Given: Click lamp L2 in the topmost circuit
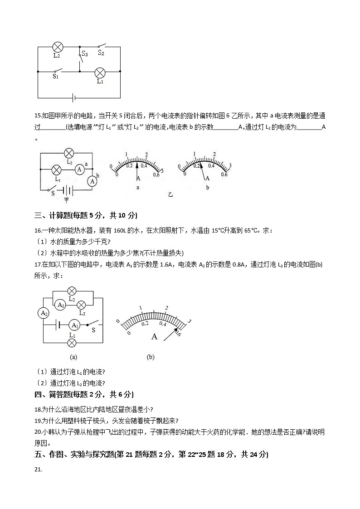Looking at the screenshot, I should tap(58, 46).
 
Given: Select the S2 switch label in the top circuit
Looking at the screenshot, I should tap(101, 53).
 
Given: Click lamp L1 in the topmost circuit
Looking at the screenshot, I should tap(99, 72).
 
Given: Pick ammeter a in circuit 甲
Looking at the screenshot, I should tap(79, 169).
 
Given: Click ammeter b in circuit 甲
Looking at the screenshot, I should tap(92, 181).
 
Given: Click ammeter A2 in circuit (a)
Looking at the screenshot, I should tap(44, 313).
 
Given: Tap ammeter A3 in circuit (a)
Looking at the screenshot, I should tap(60, 305).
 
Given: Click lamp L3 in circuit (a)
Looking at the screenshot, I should tap(82, 305).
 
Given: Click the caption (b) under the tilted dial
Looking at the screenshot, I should tap(151, 357).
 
